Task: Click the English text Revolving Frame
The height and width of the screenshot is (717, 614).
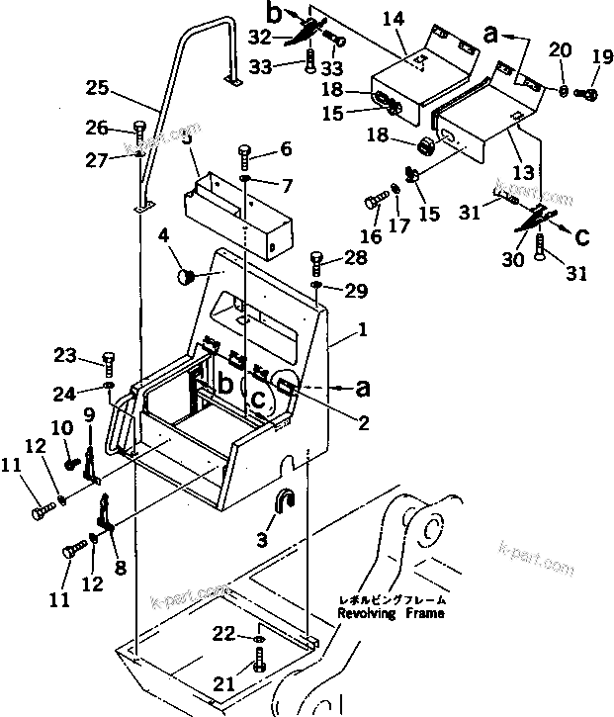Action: pos(391,613)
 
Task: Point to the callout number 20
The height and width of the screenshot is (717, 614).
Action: pos(560,49)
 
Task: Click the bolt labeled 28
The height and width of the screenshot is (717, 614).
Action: pos(316,261)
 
